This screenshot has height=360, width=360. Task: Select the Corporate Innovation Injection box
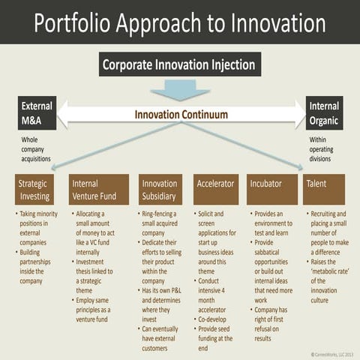pyautogui.click(x=180, y=64)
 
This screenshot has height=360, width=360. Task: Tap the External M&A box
pyautogui.click(x=37, y=112)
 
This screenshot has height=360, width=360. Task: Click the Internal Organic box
pyautogui.click(x=324, y=112)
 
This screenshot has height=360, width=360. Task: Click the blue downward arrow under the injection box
pyautogui.click(x=179, y=89)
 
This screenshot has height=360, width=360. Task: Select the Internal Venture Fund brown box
pyautogui.click(x=98, y=190)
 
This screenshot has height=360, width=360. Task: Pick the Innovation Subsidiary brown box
pyautogui.click(x=160, y=190)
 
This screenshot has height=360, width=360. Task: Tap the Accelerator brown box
pyautogui.click(x=215, y=190)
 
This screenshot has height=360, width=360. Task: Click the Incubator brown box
pyautogui.click(x=271, y=190)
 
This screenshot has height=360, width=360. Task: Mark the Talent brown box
pyautogui.click(x=323, y=190)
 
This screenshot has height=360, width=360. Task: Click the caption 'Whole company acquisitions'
pyautogui.click(x=36, y=149)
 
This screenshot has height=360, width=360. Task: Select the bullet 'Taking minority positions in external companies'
pyautogui.click(x=40, y=227)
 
